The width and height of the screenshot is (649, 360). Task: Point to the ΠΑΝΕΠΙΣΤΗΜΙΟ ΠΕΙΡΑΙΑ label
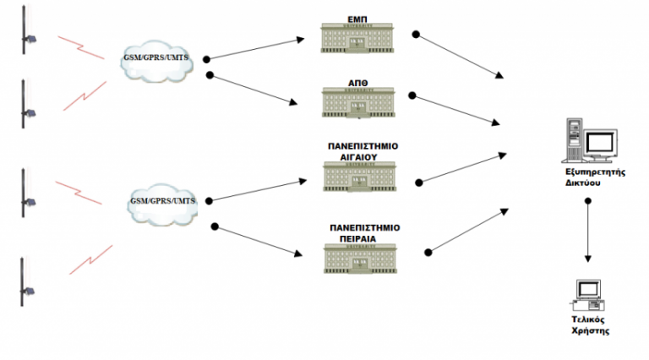364,232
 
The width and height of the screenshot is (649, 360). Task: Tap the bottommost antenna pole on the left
24,287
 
